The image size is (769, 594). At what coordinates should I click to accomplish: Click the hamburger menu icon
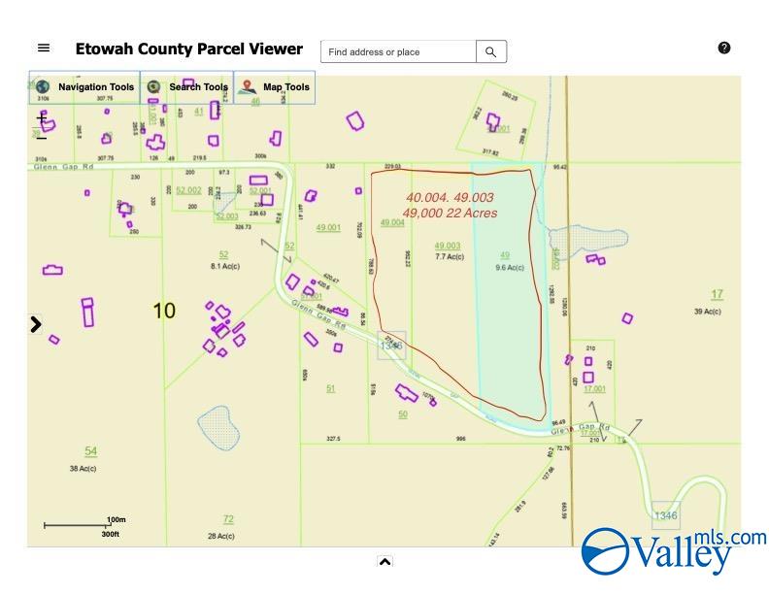(44, 49)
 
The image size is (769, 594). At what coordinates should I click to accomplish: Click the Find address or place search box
(398, 52)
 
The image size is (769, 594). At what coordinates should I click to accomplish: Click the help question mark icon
(724, 48)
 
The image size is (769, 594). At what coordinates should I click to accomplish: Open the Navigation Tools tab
(84, 87)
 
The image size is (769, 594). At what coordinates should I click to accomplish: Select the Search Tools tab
(187, 87)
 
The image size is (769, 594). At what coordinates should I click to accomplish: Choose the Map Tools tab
(275, 87)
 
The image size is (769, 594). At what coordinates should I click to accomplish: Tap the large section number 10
(164, 311)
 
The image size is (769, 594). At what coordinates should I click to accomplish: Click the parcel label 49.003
(448, 247)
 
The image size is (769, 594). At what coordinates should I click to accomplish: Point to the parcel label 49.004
(392, 223)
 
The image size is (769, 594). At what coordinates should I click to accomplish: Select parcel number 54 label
(90, 451)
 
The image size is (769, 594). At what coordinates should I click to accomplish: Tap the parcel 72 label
(228, 519)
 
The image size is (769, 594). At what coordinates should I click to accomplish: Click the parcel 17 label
(717, 294)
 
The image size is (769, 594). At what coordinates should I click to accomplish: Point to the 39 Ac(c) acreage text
(708, 312)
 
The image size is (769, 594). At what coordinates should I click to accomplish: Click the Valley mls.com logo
(673, 551)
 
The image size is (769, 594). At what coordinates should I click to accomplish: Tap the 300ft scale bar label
(110, 534)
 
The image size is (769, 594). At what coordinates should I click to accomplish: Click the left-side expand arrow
(36, 325)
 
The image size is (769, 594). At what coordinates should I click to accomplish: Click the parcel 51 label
(330, 388)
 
